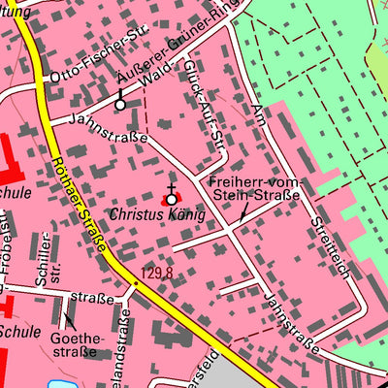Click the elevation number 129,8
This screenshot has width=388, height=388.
[155, 274]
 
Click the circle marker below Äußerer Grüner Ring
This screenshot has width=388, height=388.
[120, 104]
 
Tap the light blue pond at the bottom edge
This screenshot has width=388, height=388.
[57, 384]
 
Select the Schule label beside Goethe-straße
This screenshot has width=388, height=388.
[19, 331]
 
